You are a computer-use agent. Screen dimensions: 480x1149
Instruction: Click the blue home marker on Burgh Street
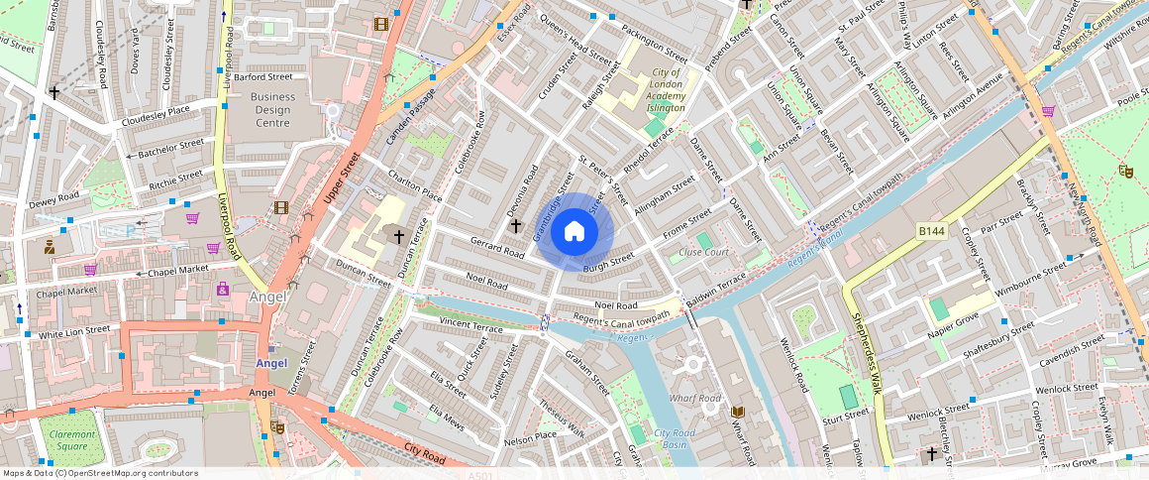(x=574, y=232)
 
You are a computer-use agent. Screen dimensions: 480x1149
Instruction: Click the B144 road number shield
(x=932, y=231)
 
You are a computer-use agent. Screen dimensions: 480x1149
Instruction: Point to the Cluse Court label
(x=704, y=252)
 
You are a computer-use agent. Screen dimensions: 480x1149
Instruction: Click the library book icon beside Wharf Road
(x=736, y=411)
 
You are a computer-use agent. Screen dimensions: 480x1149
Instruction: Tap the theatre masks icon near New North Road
(x=1125, y=171)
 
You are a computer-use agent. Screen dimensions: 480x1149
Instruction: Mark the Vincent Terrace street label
(x=471, y=325)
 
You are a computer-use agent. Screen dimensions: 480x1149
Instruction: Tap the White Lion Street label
(x=74, y=330)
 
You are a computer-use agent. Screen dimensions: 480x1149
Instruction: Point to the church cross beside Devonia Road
(x=515, y=226)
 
